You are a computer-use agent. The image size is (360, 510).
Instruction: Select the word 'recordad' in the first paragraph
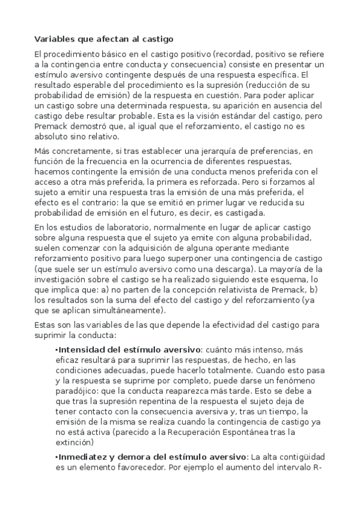[232, 54]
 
